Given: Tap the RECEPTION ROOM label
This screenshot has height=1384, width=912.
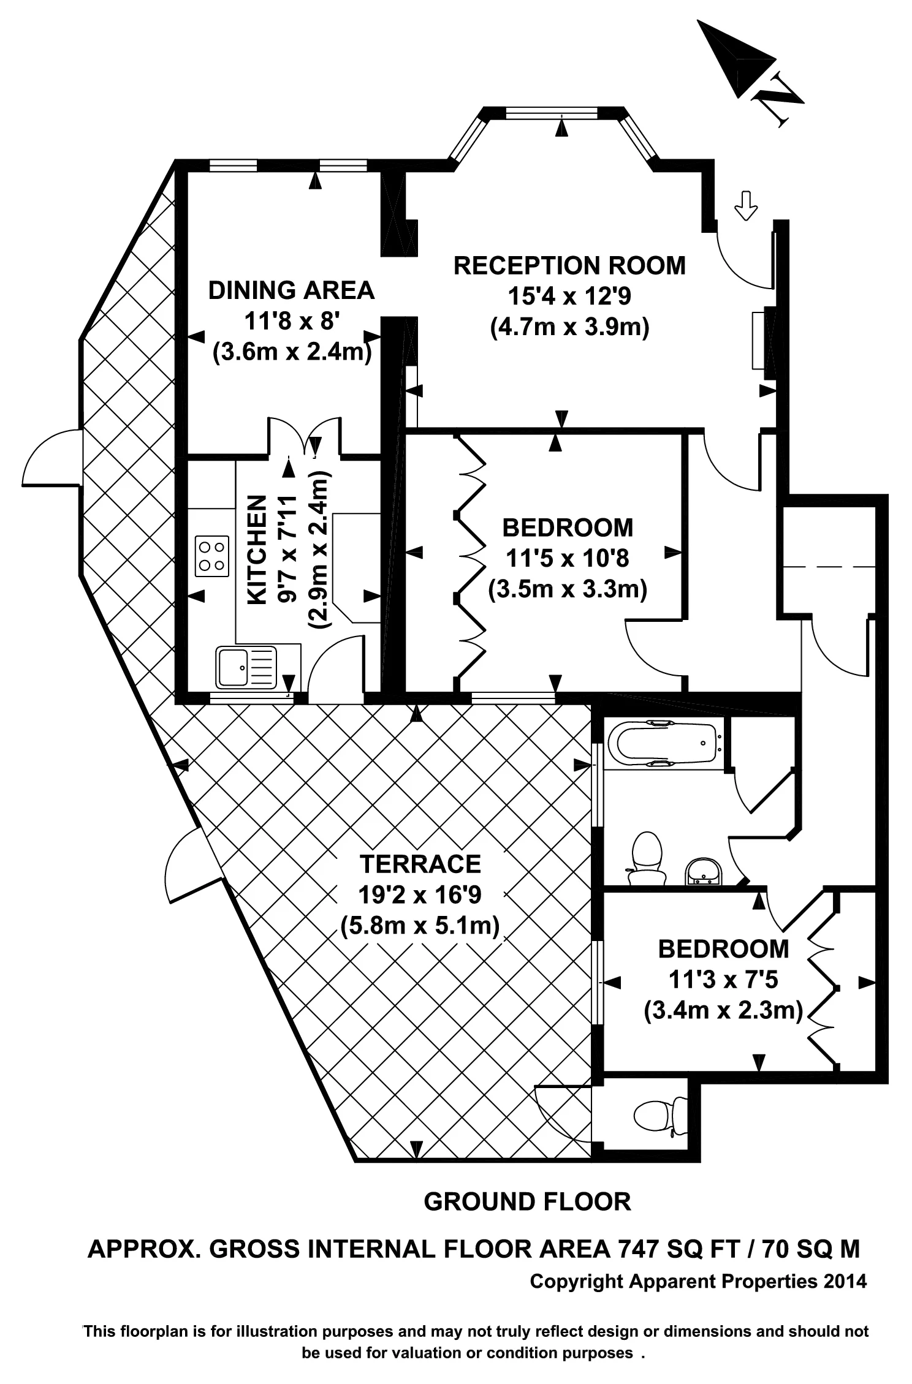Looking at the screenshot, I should [569, 266].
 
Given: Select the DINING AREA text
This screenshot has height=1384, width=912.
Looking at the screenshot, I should [291, 290].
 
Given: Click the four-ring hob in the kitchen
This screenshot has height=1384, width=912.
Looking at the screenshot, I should [212, 556].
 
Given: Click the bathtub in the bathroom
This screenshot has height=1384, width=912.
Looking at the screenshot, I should [665, 743].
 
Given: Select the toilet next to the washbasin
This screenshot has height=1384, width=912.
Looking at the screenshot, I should [647, 856].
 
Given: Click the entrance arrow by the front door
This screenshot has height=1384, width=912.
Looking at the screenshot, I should [745, 205].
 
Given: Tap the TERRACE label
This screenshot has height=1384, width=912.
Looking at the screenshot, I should [420, 864].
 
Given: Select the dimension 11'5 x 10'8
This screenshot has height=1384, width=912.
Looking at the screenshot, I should [567, 559].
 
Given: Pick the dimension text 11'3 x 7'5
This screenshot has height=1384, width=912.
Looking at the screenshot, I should [723, 980].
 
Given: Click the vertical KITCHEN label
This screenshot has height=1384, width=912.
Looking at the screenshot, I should [257, 550].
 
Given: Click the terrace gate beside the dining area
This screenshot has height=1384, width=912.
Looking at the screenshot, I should [52, 456].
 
